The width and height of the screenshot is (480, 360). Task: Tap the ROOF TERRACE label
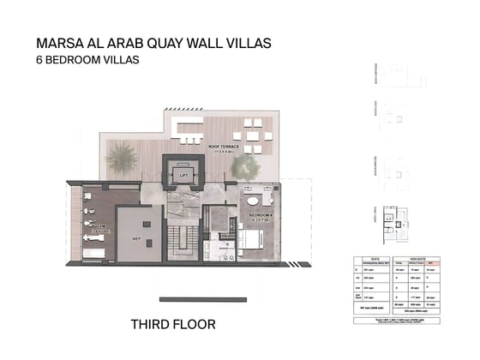point(225,147)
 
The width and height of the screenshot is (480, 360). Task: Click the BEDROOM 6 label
point(262,213)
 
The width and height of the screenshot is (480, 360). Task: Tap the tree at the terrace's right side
point(246,165)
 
